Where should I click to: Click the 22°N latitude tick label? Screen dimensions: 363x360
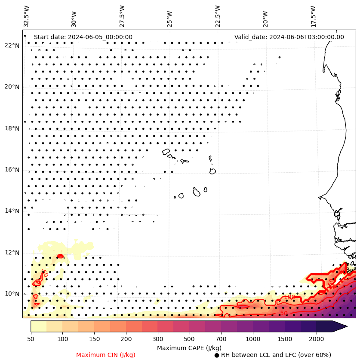12,46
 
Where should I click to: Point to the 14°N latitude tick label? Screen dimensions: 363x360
12,211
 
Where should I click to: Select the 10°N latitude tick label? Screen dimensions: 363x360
12,294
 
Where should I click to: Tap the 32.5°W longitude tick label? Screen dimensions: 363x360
27,16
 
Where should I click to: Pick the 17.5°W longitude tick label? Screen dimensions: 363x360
313,16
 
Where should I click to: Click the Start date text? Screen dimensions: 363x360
83,37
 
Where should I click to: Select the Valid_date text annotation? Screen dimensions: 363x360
289,37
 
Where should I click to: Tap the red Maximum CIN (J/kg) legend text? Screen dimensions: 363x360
106,355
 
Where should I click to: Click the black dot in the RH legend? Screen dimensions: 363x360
217,355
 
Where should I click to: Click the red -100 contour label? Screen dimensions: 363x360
289,297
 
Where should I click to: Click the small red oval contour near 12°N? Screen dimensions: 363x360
60,256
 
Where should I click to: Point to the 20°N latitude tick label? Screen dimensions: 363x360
12,87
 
